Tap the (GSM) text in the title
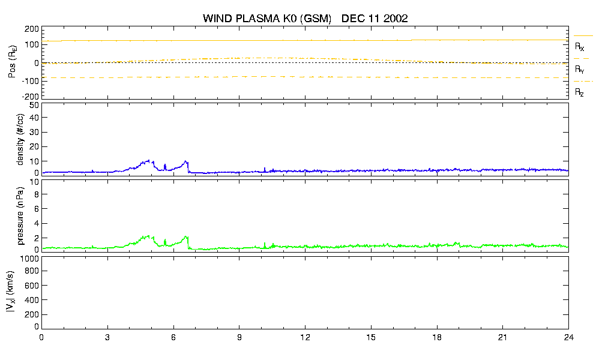click(316, 19)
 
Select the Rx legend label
click(579, 46)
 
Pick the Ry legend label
click(579, 69)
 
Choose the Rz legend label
click(579, 92)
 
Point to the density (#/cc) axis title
click(20, 139)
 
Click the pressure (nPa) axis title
click(20, 215)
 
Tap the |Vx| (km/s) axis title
click(11, 292)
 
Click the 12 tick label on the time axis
click(305, 337)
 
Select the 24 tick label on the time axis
click(568, 337)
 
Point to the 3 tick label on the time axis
click(107, 337)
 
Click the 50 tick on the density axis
click(34, 105)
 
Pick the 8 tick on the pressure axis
click(37, 194)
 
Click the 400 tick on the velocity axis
click(32, 300)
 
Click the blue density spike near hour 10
click(265, 170)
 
